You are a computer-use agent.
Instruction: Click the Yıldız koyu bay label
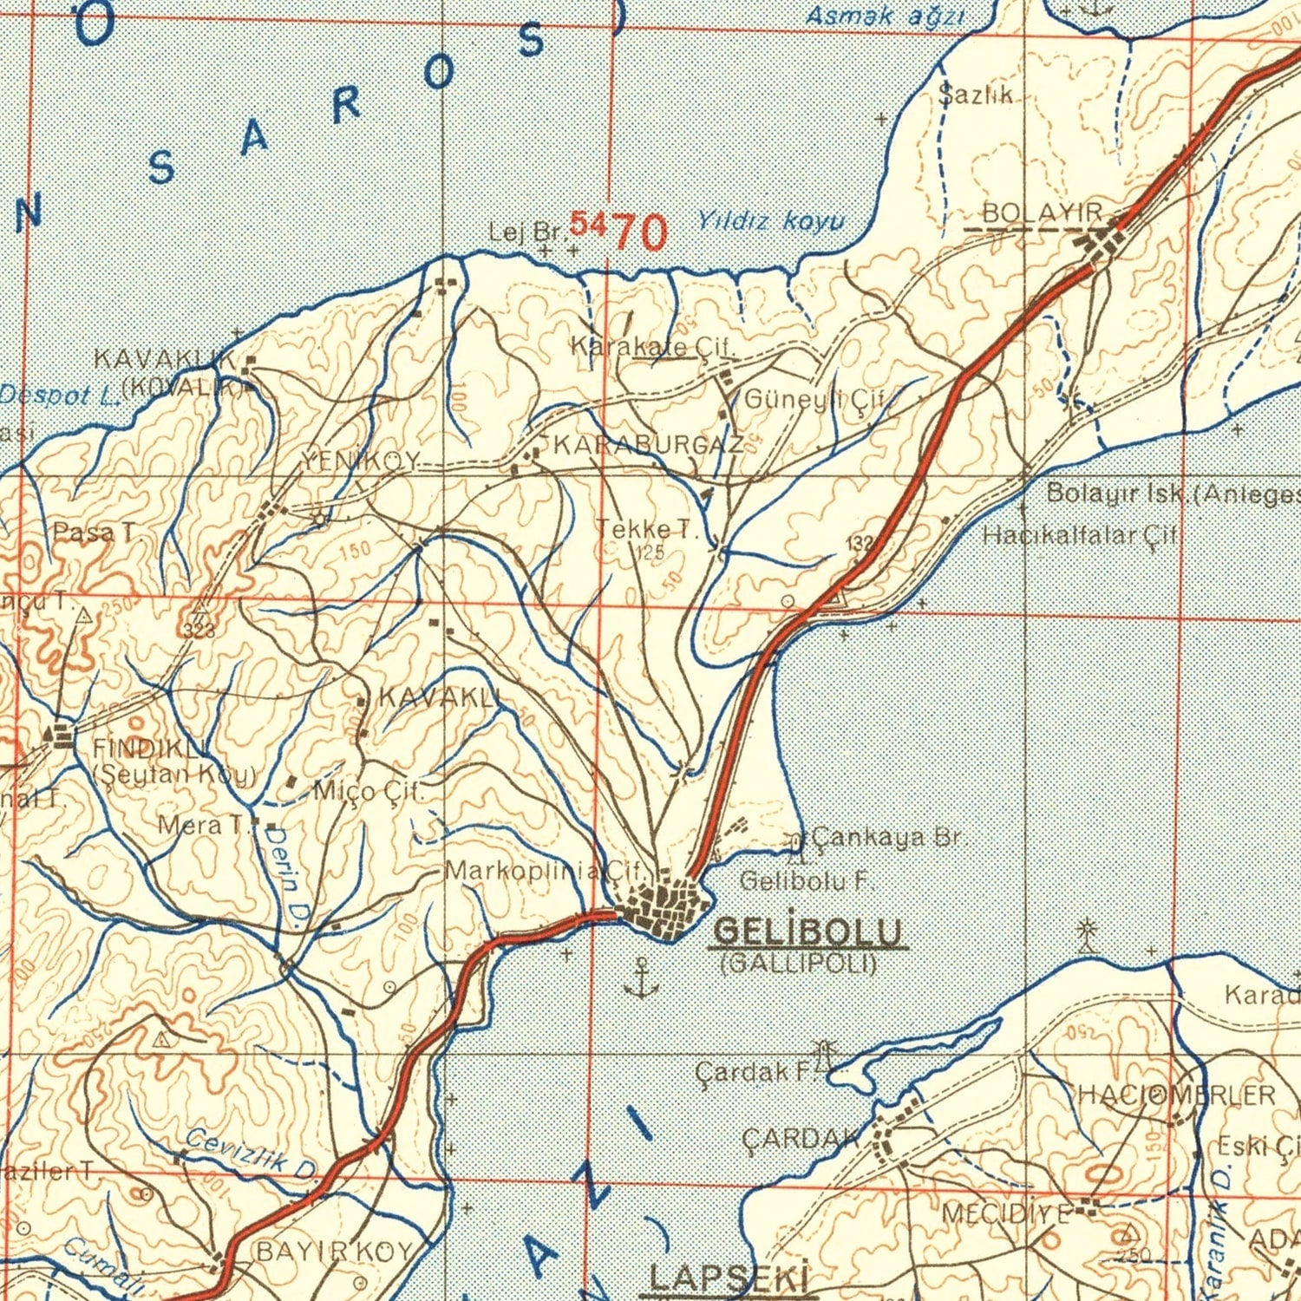coord(770,221)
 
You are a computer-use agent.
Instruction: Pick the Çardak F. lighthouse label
coord(752,1072)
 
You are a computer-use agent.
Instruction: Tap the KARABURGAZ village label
coord(647,446)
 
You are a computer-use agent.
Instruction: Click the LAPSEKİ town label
coord(729,1278)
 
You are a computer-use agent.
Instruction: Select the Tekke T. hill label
coord(646,529)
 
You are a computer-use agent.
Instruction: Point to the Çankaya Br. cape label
coord(886,838)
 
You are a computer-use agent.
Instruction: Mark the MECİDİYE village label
coord(1006,1213)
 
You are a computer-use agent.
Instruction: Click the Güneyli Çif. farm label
coord(814,400)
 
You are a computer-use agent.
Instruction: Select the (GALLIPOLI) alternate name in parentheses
coord(799,964)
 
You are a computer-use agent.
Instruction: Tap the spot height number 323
coord(199,631)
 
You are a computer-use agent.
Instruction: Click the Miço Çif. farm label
coord(369,791)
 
